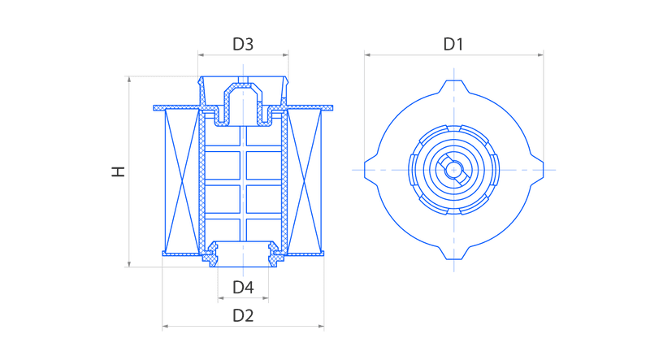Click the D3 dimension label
[243, 44]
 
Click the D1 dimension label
[453, 44]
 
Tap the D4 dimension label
[243, 287]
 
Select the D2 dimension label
[243, 315]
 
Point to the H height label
[119, 171]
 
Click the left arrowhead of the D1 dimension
[367, 54]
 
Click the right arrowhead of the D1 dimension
[540, 54]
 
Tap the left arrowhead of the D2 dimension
[165, 327]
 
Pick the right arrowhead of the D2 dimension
[321, 327]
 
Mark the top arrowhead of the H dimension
[129, 79]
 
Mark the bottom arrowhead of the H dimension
[129, 264]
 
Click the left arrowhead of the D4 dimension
[221, 297]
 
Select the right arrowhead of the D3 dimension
[286, 54]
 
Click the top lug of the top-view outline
[454, 86]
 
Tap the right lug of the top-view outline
[537, 170]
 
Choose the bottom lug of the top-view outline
[454, 254]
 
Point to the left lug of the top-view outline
[371, 170]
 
